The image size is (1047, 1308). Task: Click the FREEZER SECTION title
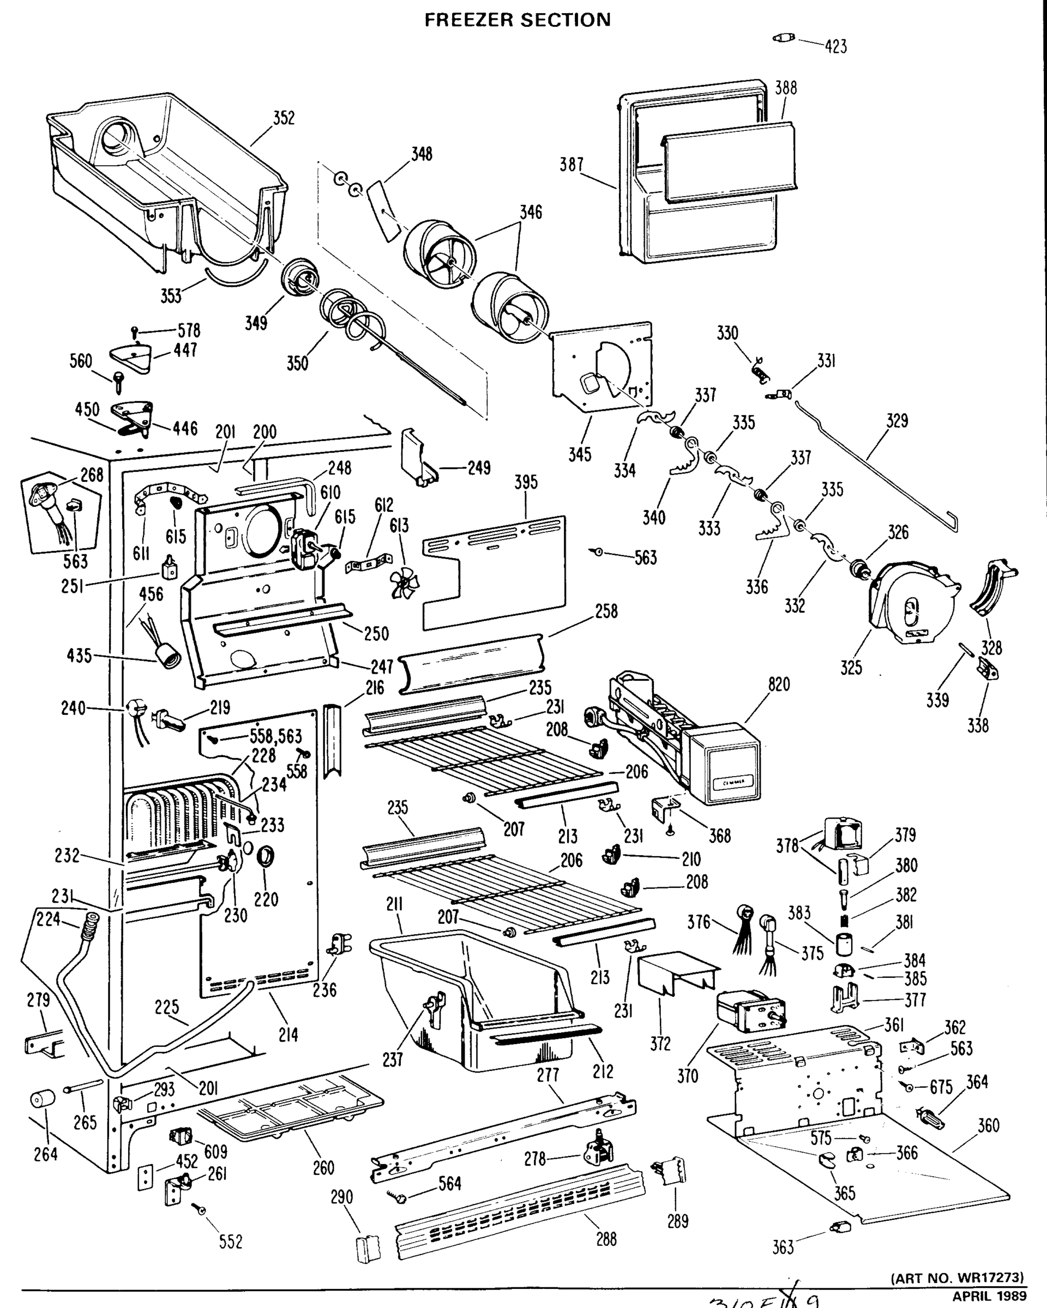pyautogui.click(x=517, y=20)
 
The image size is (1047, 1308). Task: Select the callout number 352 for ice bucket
pyautogui.click(x=284, y=118)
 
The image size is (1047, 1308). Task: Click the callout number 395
pyautogui.click(x=526, y=482)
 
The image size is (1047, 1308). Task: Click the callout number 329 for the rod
pyautogui.click(x=896, y=420)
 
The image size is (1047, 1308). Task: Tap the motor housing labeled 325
pyautogui.click(x=911, y=601)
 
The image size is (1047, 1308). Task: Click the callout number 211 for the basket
pyautogui.click(x=394, y=905)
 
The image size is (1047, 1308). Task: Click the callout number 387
pyautogui.click(x=571, y=164)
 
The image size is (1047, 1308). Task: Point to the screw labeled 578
pyautogui.click(x=135, y=332)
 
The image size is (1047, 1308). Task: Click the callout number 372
pyautogui.click(x=660, y=1044)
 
